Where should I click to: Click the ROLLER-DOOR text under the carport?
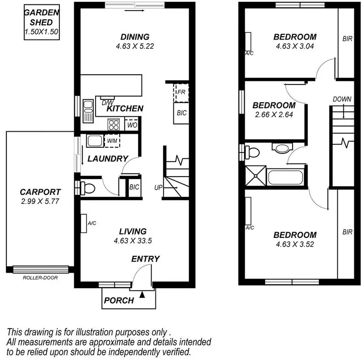[40, 278]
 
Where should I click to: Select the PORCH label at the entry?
[119, 300]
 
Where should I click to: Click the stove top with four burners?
[114, 125]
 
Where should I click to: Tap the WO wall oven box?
[131, 125]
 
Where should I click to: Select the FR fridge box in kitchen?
[181, 92]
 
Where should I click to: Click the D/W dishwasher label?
[107, 102]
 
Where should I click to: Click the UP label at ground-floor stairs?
[158, 187]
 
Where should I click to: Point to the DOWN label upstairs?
[342, 99]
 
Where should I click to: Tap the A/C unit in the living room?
[84, 223]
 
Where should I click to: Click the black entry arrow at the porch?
[142, 293]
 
